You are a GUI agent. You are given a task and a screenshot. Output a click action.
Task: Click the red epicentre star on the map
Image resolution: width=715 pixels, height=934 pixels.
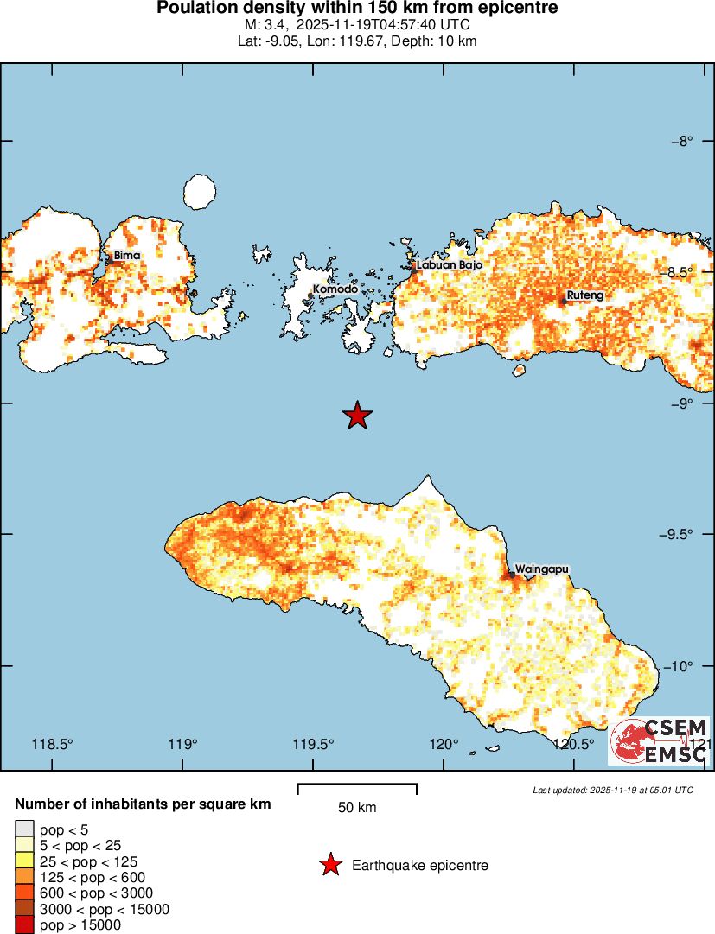(x=357, y=416)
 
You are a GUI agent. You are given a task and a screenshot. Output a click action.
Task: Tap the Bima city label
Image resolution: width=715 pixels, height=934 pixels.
(x=126, y=256)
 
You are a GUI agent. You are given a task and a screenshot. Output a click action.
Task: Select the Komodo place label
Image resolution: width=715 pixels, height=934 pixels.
(x=335, y=289)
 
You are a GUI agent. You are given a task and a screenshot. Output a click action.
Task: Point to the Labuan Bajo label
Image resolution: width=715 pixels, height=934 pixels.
(x=449, y=265)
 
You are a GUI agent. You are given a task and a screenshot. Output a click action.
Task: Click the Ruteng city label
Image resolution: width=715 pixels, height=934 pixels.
(x=585, y=295)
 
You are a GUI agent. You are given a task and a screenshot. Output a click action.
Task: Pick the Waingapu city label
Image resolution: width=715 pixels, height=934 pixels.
(x=542, y=570)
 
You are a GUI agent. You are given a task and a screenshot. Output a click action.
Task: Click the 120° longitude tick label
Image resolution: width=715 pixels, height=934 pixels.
(x=444, y=744)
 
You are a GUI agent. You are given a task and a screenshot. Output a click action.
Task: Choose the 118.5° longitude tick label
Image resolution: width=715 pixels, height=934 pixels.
(x=52, y=744)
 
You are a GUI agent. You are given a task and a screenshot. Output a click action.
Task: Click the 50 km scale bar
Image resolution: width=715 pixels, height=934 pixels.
(x=357, y=788)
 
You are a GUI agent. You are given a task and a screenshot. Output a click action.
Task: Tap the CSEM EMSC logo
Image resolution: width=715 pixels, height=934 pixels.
(x=659, y=740)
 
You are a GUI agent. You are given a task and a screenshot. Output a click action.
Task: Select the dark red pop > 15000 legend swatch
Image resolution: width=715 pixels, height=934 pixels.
(x=25, y=925)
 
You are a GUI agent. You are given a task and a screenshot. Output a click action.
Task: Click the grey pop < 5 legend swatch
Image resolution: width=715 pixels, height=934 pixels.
(x=25, y=829)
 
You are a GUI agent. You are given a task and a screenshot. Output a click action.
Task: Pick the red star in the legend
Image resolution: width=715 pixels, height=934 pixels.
(x=329, y=865)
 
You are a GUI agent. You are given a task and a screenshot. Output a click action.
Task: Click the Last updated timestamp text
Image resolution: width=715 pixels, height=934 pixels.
(x=612, y=790)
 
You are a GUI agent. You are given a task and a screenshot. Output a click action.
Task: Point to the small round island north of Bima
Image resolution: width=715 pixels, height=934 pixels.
(x=200, y=191)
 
